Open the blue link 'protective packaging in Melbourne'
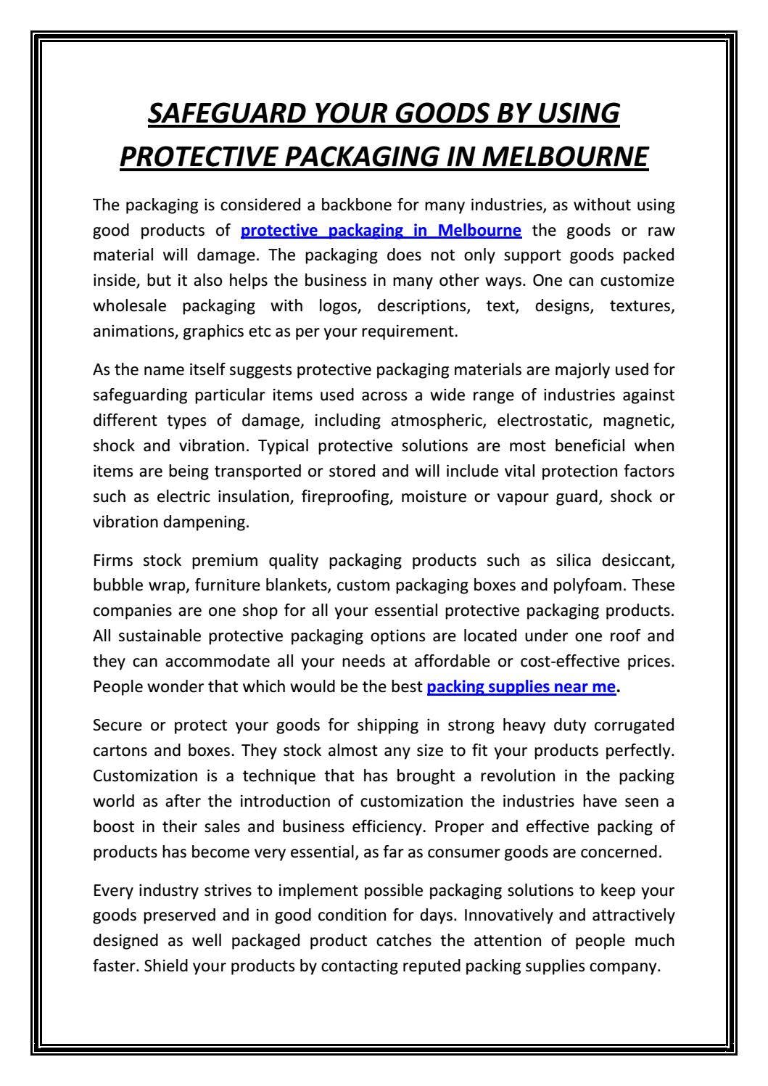pos(381,231)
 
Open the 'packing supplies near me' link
pos(521,686)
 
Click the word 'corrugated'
pos(638,725)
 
